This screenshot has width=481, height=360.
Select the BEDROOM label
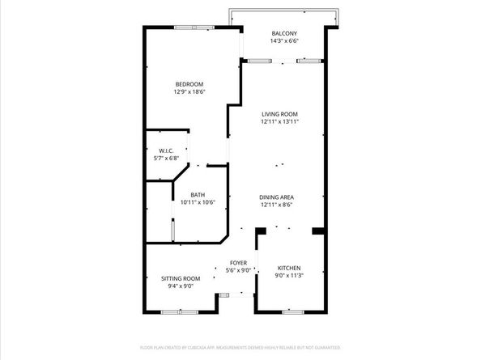pos(189,84)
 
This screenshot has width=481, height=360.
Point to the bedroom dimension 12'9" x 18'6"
pos(189,92)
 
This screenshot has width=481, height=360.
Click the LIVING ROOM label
pos(280,114)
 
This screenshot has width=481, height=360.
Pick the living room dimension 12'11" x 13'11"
pos(280,122)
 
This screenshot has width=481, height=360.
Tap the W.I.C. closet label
pos(166,150)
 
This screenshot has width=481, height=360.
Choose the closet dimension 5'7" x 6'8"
pos(166,158)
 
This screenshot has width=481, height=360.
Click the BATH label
pos(198,194)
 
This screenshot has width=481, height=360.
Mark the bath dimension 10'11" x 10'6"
pos(198,202)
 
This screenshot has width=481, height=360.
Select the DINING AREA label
pos(276,197)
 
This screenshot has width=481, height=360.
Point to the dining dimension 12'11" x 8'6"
pos(276,205)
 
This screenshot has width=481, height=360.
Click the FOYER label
pos(238,263)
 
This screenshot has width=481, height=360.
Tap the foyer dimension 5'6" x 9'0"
pos(238,271)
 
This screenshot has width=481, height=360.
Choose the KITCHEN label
pos(290,268)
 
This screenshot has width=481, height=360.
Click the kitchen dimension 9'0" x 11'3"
pos(290,276)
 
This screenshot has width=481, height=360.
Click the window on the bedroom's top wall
pos(194,28)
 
